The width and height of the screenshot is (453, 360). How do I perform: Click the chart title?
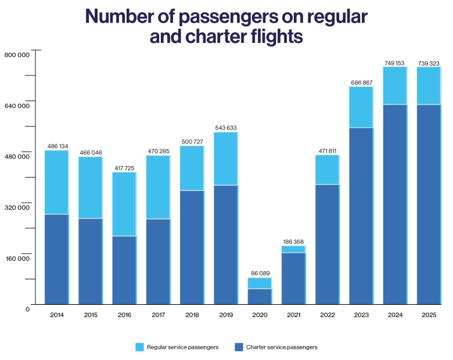(x=226, y=26)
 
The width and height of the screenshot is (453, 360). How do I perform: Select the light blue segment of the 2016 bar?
(x=124, y=204)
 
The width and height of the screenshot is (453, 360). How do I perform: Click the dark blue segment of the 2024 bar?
(x=394, y=204)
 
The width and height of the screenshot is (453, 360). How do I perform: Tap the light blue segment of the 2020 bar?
(x=259, y=283)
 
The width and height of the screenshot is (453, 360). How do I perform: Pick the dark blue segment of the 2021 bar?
(x=293, y=278)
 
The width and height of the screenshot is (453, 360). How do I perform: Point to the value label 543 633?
(x=225, y=128)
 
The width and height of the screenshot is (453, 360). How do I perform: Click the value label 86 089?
(x=259, y=273)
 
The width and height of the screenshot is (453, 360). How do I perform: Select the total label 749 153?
(x=394, y=63)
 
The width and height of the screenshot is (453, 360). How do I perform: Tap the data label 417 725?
(x=124, y=168)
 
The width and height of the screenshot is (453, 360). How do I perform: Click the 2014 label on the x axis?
(x=57, y=315)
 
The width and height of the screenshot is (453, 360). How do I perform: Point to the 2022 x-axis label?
(x=327, y=315)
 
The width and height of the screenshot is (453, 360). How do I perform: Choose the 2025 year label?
(x=429, y=315)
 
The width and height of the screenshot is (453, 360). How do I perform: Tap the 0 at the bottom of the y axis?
(x=27, y=309)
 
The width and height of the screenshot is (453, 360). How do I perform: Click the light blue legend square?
(x=139, y=347)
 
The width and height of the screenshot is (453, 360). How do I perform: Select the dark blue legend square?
(x=239, y=347)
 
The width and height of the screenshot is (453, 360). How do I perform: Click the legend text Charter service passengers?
(x=282, y=347)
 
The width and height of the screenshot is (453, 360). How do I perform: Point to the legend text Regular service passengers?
(x=182, y=347)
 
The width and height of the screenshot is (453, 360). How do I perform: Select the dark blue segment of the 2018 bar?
(x=192, y=247)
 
